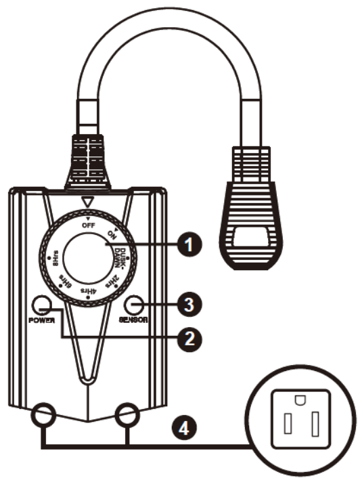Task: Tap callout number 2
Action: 192,336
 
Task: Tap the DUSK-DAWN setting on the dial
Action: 119,256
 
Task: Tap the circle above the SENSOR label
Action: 133,304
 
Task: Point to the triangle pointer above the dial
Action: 85,201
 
